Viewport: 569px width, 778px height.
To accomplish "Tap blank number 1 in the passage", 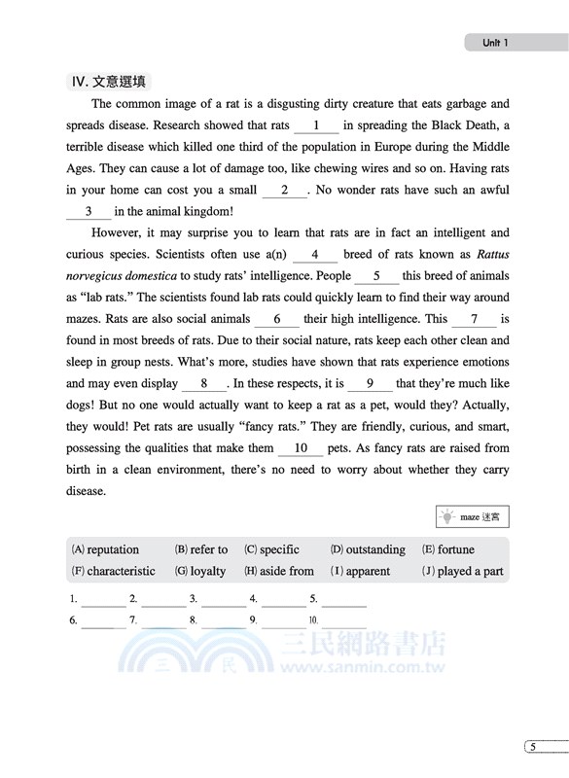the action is point(316,125).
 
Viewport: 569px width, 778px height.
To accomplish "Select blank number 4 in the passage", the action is point(314,255).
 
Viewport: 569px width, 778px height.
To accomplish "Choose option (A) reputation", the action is point(106,549).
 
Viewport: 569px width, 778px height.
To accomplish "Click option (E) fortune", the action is point(448,549).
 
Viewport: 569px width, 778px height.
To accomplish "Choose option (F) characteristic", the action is point(114,571).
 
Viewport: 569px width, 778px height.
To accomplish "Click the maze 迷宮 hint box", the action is point(473,517).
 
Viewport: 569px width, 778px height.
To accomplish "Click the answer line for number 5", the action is point(343,600).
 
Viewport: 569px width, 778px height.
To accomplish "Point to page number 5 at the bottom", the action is point(532,747).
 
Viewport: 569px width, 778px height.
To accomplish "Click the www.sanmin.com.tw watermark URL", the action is point(373,668).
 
